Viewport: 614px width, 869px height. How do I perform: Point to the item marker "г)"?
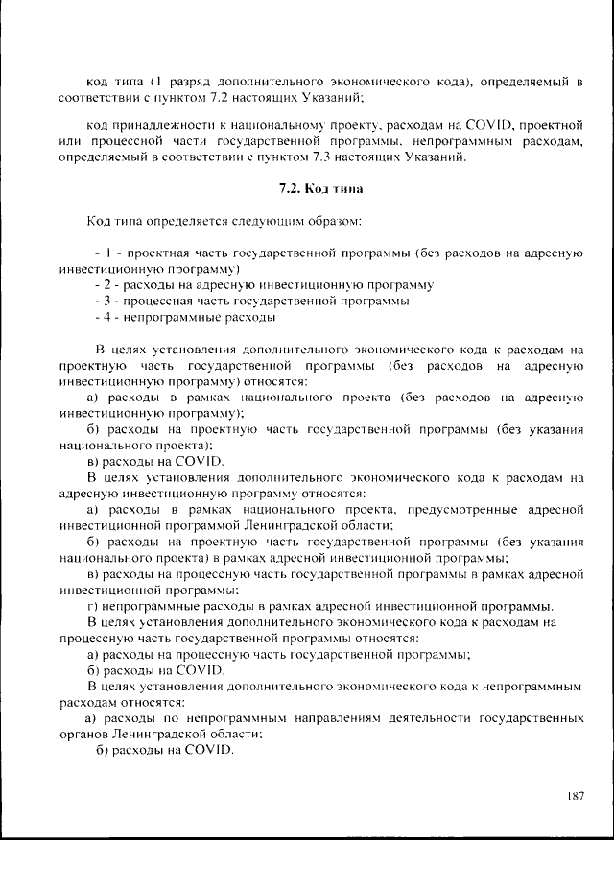[93, 606]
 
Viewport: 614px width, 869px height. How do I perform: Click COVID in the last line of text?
[205, 750]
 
